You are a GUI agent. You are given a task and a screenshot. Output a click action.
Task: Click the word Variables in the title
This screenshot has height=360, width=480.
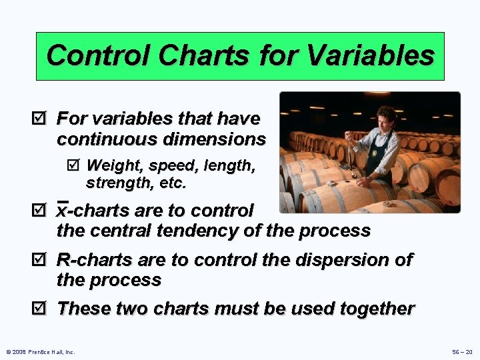tap(381, 55)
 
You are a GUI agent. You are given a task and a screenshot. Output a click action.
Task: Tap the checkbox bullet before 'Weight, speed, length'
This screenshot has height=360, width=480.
tap(73, 165)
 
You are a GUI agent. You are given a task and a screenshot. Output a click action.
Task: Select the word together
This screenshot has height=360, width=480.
tap(377, 309)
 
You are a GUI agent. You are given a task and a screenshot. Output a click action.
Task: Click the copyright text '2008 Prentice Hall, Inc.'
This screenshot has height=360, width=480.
tap(41, 351)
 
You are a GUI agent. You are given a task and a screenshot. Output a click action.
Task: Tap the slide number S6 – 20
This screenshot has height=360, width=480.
tap(460, 351)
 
